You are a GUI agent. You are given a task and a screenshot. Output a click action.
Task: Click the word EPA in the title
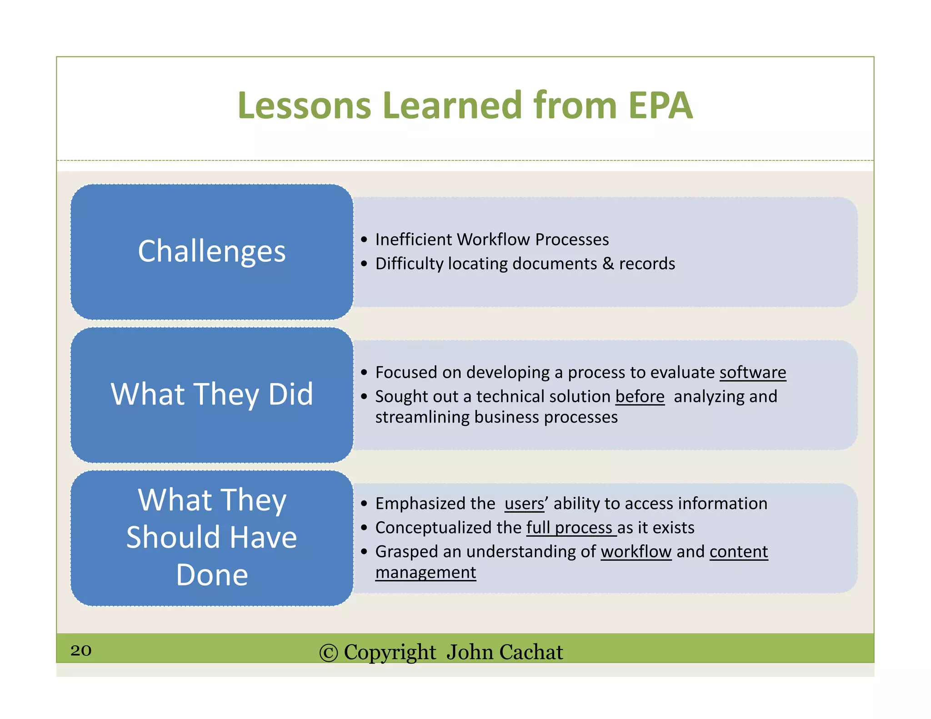click(660, 105)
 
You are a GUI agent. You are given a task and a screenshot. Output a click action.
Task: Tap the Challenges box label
click(212, 251)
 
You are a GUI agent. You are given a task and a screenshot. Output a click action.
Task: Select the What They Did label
click(212, 394)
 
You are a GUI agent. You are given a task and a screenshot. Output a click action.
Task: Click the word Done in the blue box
click(212, 575)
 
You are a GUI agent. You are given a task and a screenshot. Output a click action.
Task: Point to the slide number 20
click(81, 650)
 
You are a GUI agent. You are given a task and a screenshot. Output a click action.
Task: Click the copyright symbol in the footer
click(328, 653)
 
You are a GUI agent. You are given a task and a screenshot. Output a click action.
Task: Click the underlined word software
click(752, 373)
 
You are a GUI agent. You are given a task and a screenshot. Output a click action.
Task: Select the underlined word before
click(640, 397)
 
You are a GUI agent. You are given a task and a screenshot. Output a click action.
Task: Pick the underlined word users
click(524, 504)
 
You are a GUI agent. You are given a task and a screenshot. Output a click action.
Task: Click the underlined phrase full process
click(570, 528)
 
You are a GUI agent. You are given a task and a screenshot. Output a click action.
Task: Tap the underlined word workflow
click(636, 552)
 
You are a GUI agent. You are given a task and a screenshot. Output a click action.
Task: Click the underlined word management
click(425, 573)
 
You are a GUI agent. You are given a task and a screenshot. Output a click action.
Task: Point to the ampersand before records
click(608, 264)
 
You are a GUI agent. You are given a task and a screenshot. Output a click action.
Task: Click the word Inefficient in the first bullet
click(413, 240)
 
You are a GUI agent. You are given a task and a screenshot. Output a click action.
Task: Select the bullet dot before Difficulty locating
click(364, 264)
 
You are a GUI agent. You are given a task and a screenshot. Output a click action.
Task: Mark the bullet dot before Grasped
click(364, 552)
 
